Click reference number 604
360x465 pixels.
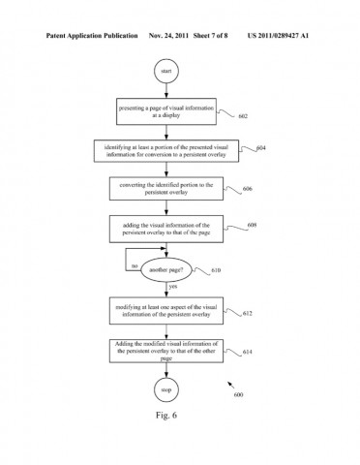[x=260, y=148]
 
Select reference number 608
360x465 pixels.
[x=251, y=226]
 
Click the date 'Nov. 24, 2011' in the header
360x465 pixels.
[x=169, y=36]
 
